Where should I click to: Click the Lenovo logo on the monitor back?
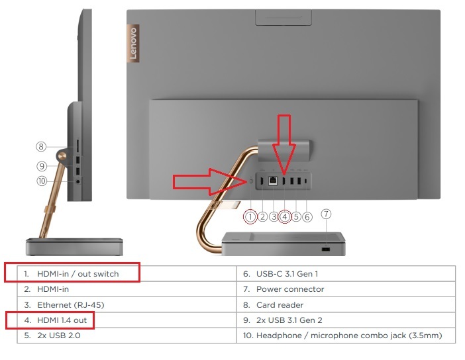click(x=133, y=43)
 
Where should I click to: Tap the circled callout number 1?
click(x=250, y=217)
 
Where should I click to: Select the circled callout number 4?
click(x=285, y=217)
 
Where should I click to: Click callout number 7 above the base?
click(x=326, y=214)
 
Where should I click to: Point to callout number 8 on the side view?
click(x=41, y=146)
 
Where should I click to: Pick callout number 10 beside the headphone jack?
click(x=42, y=181)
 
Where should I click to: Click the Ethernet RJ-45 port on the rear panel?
click(x=272, y=181)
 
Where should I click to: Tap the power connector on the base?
click(x=326, y=249)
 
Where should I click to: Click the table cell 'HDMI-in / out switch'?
click(x=78, y=274)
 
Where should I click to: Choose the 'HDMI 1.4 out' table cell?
click(x=62, y=320)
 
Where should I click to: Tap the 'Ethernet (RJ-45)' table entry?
click(x=71, y=305)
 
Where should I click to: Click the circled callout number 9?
click(x=42, y=166)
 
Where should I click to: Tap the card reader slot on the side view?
click(x=78, y=146)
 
